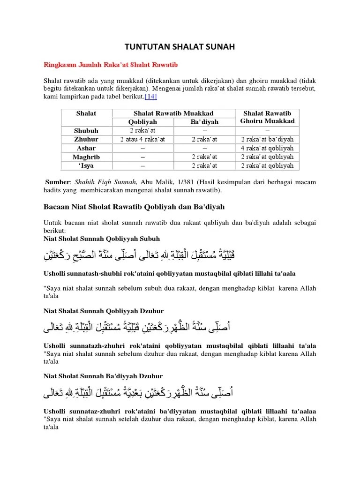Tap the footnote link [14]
click(x=151, y=97)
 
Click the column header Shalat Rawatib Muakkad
click(x=173, y=113)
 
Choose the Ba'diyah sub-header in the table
click(x=204, y=122)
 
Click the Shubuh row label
click(x=85, y=131)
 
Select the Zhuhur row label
click(x=85, y=139)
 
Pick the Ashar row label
click(x=85, y=148)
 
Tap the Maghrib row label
click(x=85, y=157)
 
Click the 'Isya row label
click(x=85, y=165)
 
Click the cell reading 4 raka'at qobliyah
click(x=267, y=148)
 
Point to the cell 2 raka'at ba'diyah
click(x=267, y=139)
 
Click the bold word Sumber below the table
click(x=57, y=182)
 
